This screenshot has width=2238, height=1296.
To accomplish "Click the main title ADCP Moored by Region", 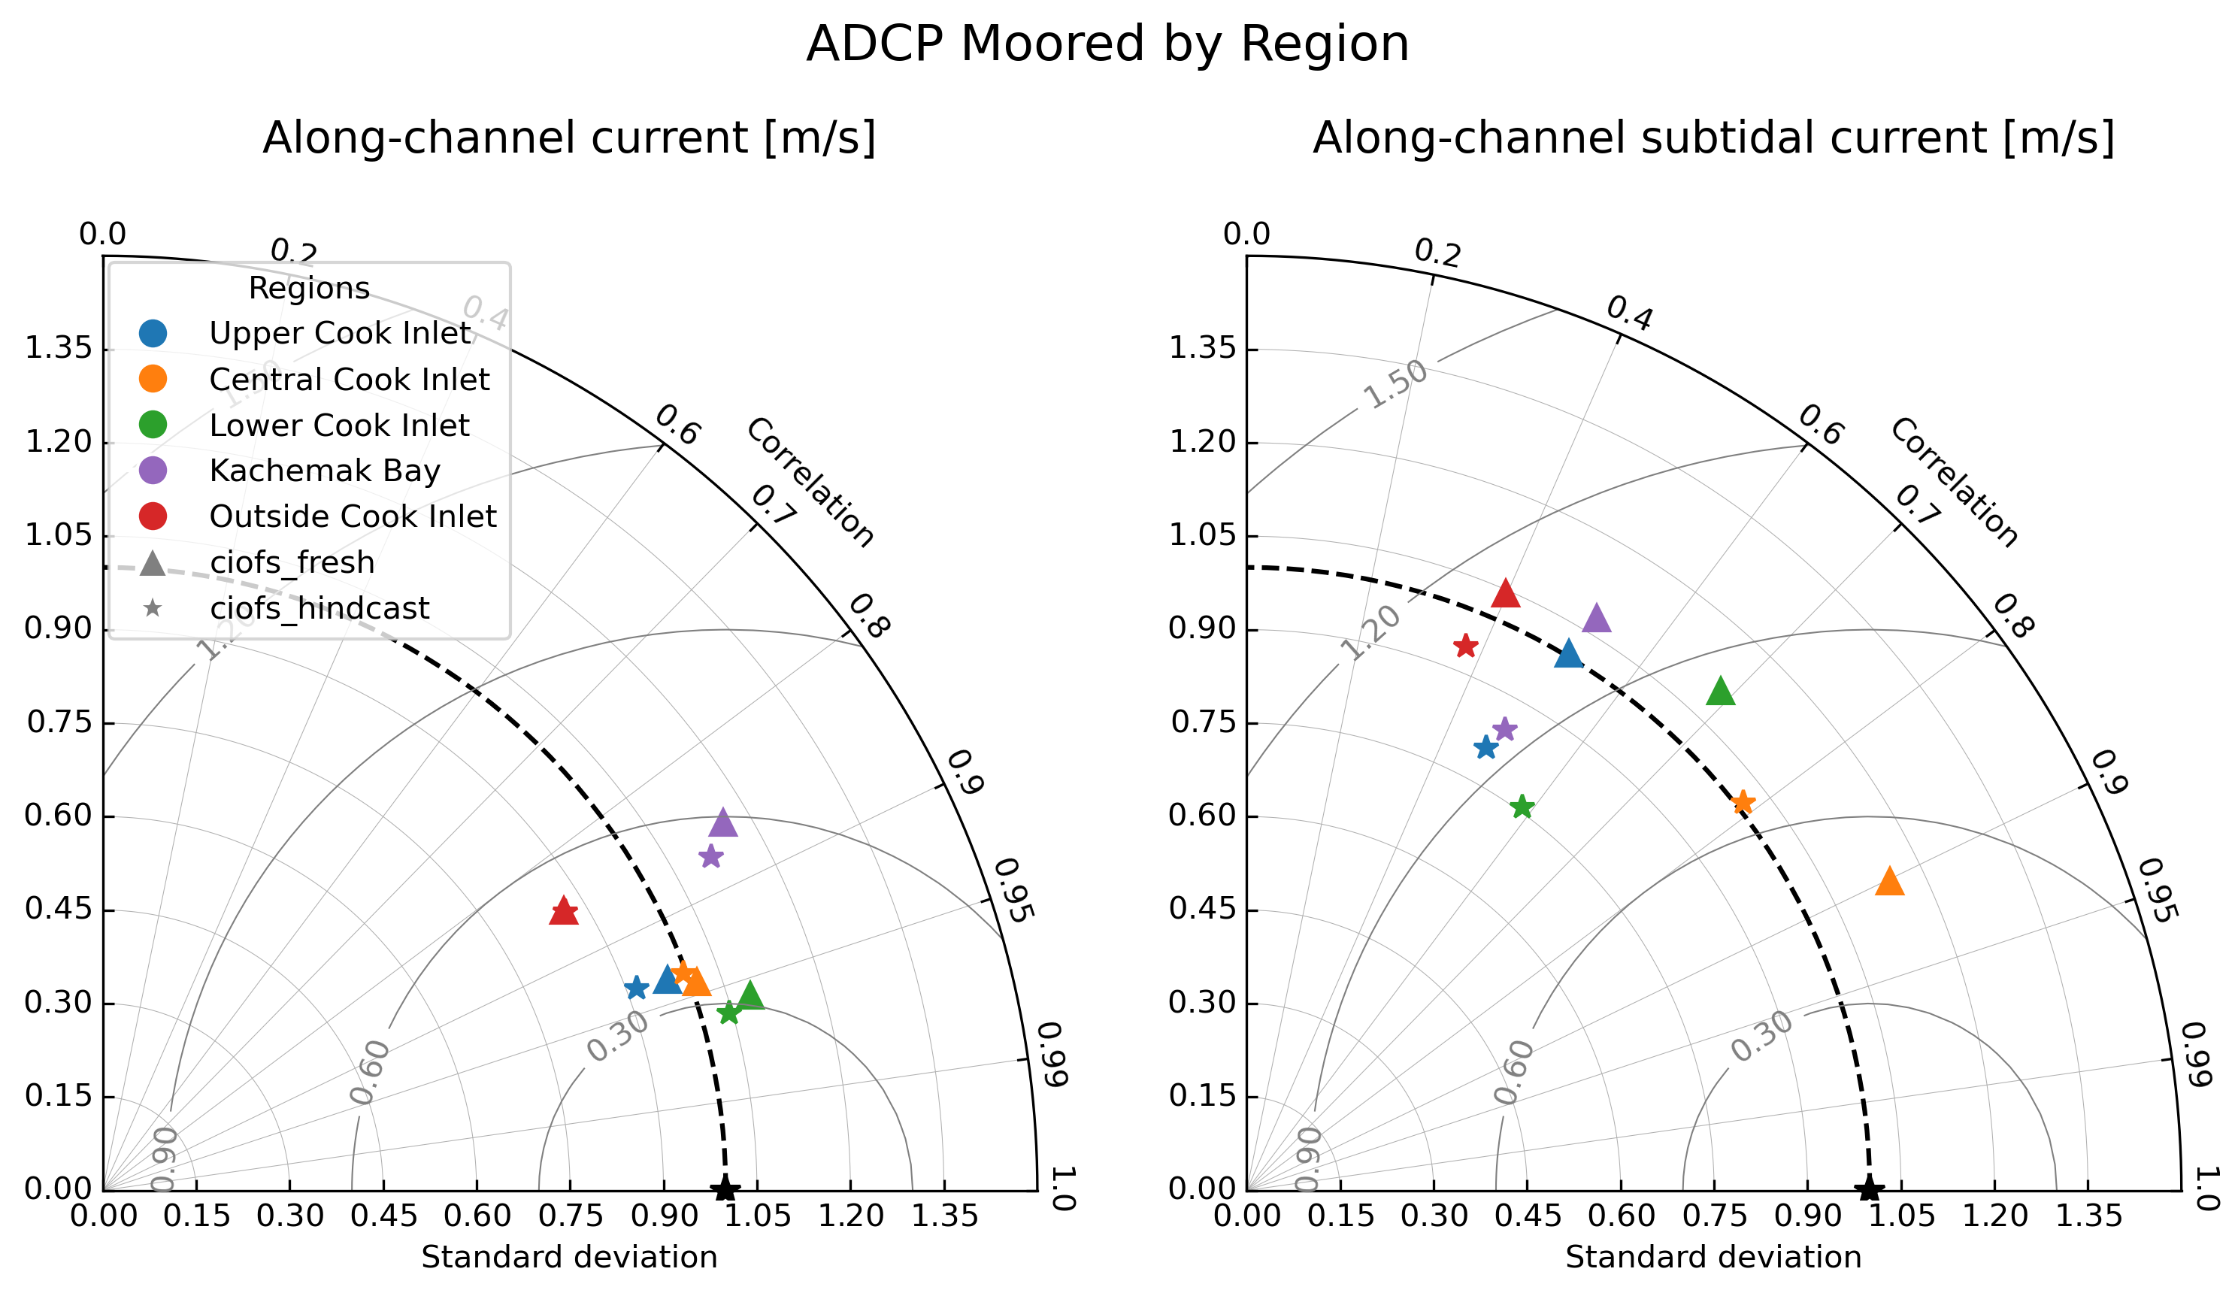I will click(x=1107, y=44).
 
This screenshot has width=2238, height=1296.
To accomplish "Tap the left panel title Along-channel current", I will click(x=568, y=138).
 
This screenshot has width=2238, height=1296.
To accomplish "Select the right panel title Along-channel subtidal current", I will click(x=1713, y=138).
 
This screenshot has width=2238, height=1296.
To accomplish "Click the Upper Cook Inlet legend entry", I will click(x=339, y=333).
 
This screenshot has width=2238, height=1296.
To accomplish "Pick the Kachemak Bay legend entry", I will click(x=324, y=471).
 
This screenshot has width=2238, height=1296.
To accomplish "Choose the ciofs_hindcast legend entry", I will click(x=319, y=608).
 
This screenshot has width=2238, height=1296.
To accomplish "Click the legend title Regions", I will click(x=308, y=289).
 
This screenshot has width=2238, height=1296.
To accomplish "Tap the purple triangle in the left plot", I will click(x=723, y=823).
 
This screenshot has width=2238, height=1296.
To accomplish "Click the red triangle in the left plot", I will click(x=564, y=911).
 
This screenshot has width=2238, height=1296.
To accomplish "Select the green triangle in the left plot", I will click(x=750, y=996).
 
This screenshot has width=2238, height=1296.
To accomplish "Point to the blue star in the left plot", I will click(x=636, y=988).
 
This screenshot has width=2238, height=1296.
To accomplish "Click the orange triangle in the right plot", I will click(x=1890, y=882).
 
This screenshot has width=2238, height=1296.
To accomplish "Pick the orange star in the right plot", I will click(x=1743, y=802).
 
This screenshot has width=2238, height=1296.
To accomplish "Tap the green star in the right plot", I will click(x=1522, y=807).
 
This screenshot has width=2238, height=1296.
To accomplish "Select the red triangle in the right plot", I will click(x=1505, y=593).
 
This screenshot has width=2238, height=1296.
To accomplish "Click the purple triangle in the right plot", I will click(x=1597, y=618).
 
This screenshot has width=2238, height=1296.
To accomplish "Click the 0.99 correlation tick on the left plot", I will click(x=1052, y=1055).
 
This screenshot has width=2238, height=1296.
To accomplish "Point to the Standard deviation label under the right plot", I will click(x=1713, y=1258).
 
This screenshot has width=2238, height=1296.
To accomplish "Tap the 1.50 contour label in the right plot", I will click(x=1395, y=386).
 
